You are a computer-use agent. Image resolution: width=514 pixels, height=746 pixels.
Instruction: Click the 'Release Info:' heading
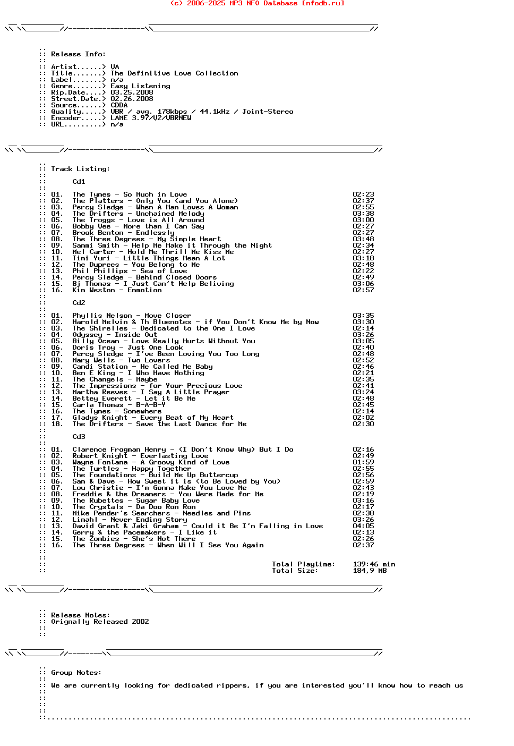point(78,54)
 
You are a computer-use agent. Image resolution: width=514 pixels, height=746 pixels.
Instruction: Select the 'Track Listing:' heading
point(80,169)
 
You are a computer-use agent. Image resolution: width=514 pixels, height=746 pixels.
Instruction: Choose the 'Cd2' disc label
point(79,303)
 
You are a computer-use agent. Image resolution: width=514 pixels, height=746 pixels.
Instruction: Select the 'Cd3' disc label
point(79,437)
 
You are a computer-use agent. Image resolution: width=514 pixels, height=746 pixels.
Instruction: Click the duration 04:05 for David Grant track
point(363,526)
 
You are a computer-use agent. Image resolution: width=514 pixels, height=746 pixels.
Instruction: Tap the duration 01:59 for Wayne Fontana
point(363,462)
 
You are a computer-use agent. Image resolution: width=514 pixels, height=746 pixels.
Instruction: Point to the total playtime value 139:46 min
point(374,564)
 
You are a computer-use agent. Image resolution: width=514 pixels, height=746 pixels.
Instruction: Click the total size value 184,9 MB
point(370,571)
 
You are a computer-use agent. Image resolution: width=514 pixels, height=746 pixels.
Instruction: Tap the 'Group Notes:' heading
point(76,673)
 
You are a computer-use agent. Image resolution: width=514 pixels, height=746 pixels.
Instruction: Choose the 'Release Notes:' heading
point(80,615)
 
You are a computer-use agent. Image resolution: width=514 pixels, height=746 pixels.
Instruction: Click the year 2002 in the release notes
point(140,622)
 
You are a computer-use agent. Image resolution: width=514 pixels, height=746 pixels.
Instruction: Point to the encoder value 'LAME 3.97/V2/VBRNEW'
point(151,118)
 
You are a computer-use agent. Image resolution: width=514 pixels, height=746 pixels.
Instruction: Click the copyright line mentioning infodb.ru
point(257,3)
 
